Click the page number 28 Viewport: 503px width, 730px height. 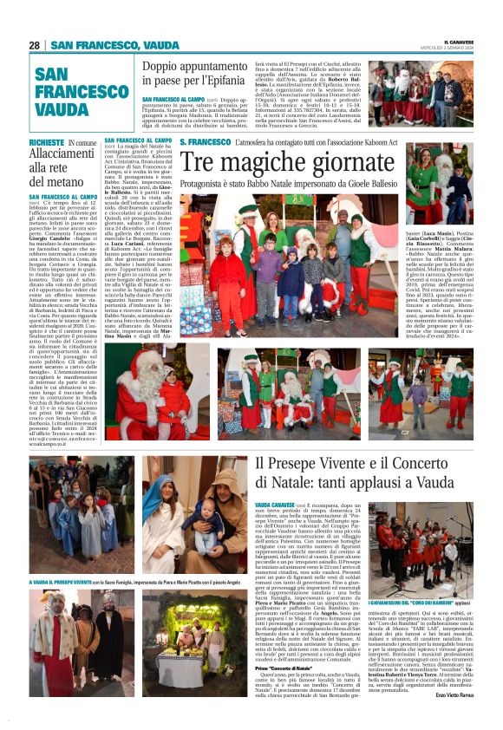[x=35, y=45]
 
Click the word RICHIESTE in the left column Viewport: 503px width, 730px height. [x=47, y=142]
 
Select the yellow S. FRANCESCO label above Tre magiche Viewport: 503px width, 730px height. [x=206, y=141]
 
